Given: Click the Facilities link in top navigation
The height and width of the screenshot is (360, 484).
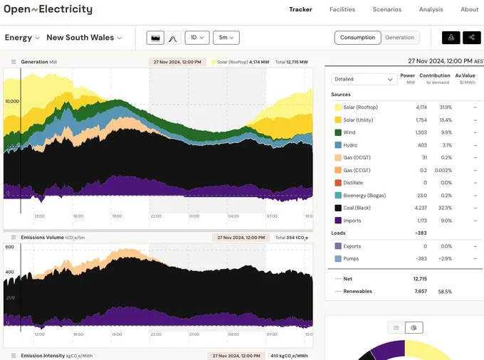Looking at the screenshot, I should click(342, 10).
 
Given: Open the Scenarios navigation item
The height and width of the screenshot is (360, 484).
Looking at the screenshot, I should click(386, 10).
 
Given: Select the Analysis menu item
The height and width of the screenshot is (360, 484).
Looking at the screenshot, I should click(431, 10).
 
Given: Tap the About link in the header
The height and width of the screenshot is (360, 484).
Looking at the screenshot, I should click(469, 10).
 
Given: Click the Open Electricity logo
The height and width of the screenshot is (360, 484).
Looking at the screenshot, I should click(48, 10).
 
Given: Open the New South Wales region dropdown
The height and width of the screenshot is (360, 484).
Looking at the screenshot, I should click(84, 38).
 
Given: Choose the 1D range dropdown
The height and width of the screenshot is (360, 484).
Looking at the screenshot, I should click(196, 38).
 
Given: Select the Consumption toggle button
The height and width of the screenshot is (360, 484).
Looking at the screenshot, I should click(357, 38).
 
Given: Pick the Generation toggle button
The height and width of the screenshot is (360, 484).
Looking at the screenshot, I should click(399, 38).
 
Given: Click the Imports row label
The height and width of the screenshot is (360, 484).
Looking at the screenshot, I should click(352, 221).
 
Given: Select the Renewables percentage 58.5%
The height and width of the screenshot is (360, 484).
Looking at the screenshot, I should click(444, 291).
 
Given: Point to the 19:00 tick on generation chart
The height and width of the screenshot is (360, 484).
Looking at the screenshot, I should click(116, 216).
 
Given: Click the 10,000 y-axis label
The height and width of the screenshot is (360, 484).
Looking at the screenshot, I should click(12, 102).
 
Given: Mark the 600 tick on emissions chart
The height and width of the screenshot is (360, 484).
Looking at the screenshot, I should click(10, 247).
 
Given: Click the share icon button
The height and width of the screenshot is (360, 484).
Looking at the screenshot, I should click(471, 38).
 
